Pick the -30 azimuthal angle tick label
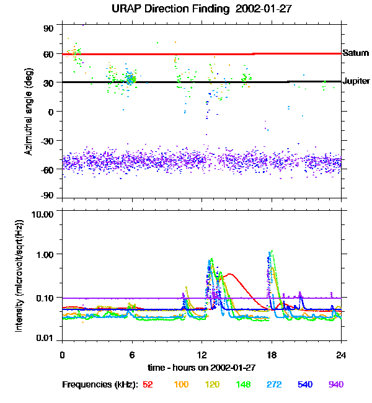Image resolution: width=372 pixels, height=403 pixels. point(47,140)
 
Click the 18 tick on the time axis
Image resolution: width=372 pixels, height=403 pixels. point(271,355)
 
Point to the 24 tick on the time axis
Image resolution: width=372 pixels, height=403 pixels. point(340,355)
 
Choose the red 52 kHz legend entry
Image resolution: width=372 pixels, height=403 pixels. point(148,385)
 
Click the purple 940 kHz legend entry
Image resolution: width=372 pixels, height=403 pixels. point(335,385)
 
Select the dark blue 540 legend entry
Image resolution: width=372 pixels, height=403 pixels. point(305,385)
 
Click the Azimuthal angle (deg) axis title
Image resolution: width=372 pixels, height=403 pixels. point(29,112)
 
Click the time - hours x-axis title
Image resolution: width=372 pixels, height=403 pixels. point(201,367)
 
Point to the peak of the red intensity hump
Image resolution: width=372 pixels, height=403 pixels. point(230,273)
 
